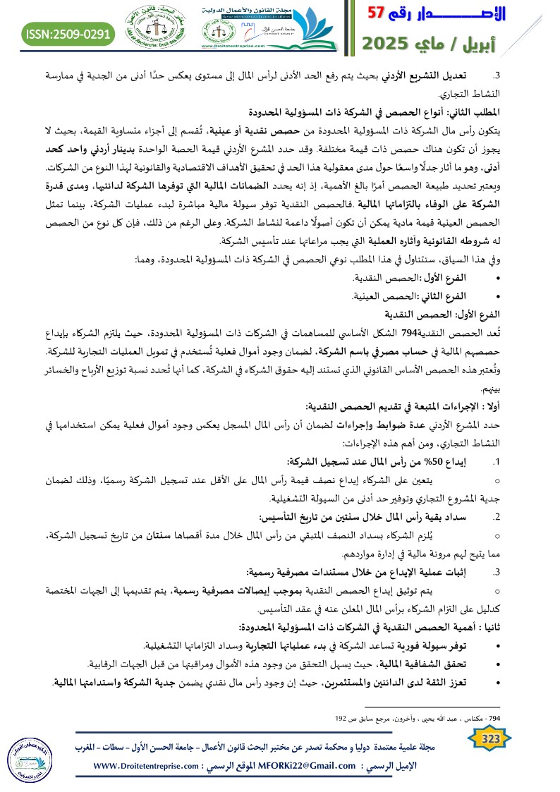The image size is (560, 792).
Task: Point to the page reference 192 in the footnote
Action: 341,719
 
